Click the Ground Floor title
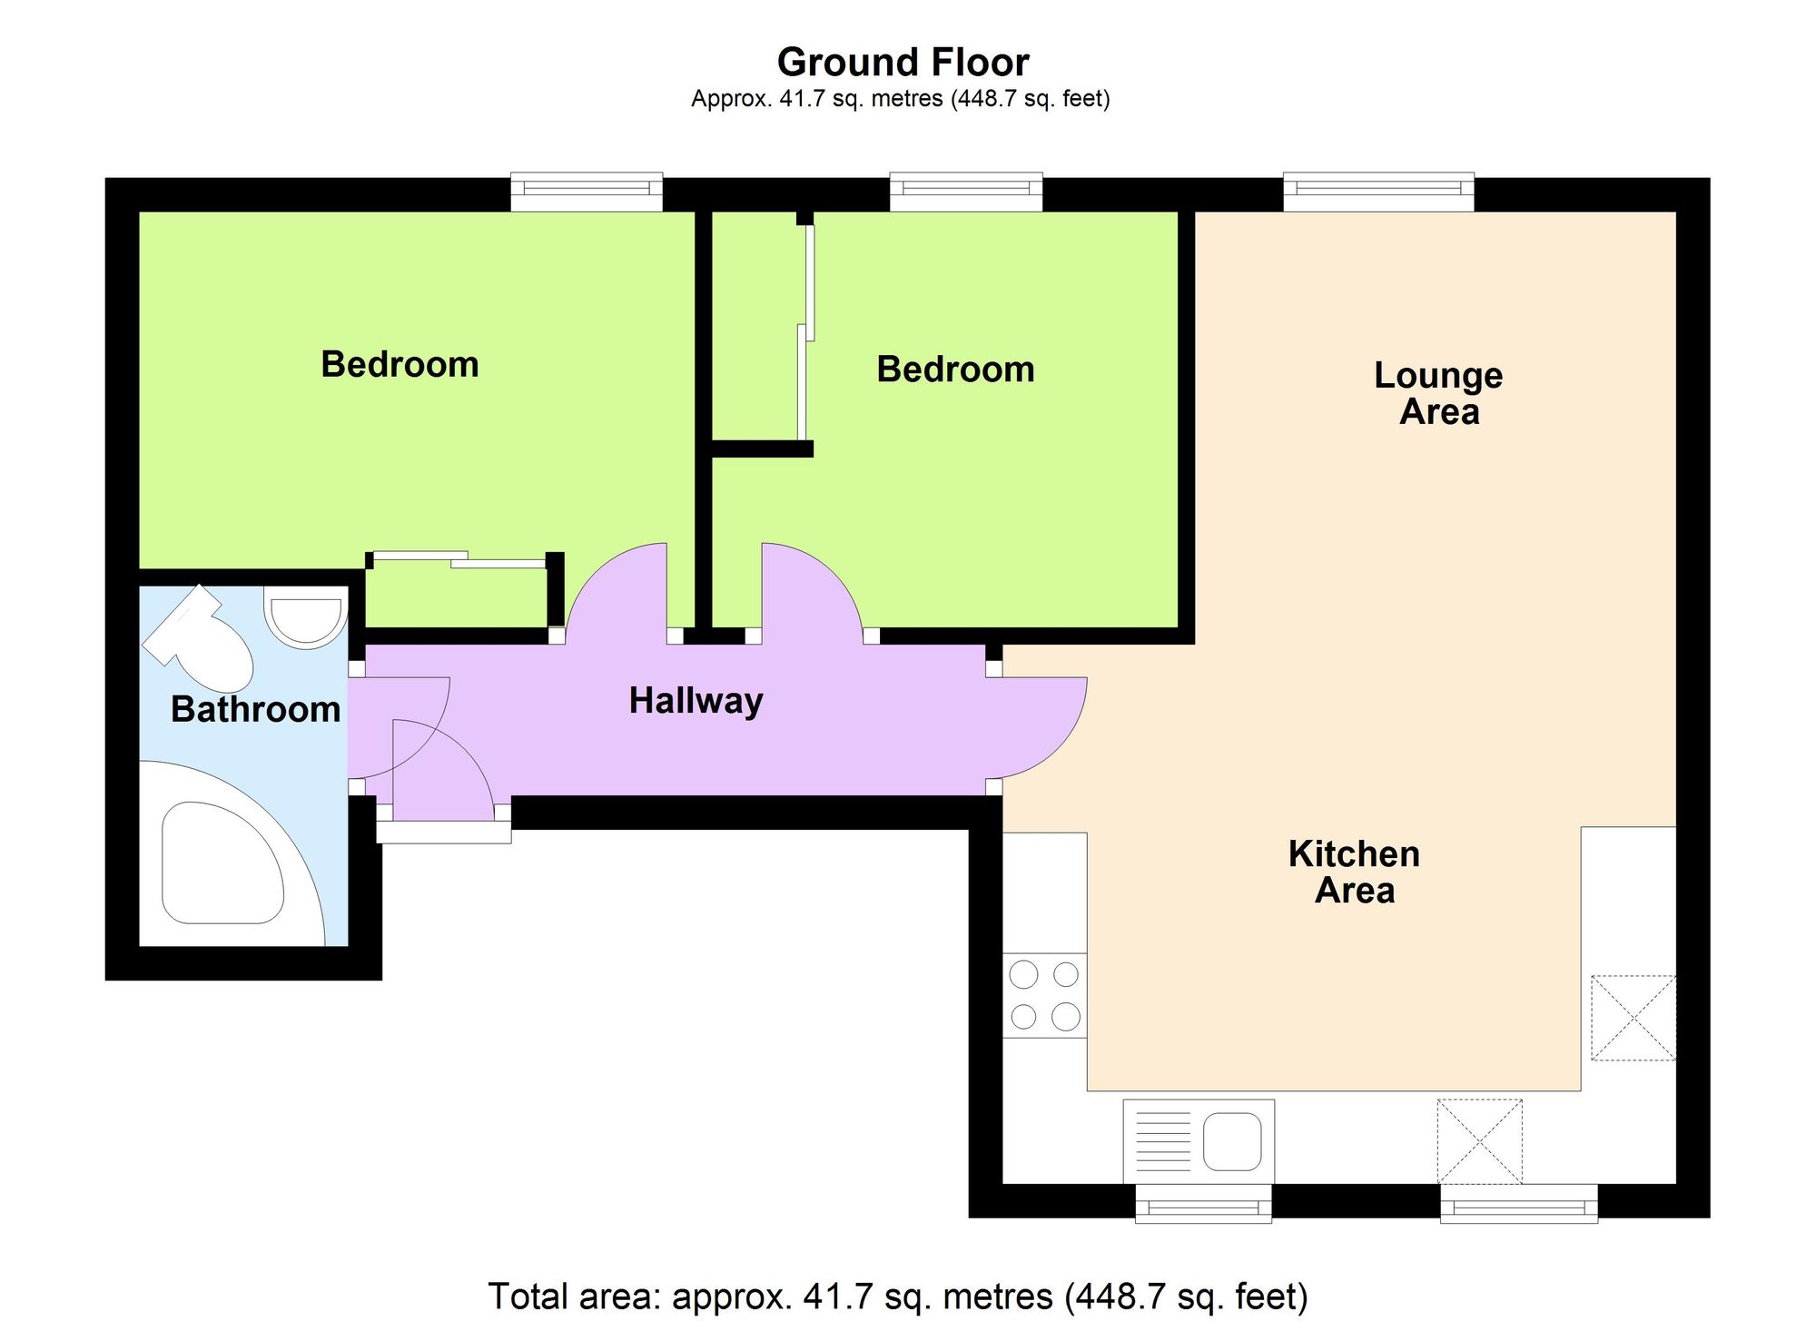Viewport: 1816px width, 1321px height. pos(903,63)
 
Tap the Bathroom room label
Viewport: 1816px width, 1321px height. pos(255,709)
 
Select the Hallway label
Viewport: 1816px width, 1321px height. pos(696,701)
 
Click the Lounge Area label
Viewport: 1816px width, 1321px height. pos(1438,393)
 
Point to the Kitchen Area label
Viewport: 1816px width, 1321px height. pos(1354,872)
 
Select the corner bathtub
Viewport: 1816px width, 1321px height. pos(232,853)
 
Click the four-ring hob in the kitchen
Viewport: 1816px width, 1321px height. pos(1044,995)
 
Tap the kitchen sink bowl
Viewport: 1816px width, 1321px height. pos(1232,1141)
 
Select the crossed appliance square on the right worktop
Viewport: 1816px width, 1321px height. pos(1633,1018)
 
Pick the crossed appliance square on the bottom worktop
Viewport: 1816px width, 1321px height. pos(1479,1141)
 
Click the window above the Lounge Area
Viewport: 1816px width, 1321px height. pos(1378,192)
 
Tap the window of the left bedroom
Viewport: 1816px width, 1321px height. pos(587,192)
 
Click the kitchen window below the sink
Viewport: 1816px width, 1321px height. pos(1204,1204)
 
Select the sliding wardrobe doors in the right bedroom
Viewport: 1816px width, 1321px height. pos(805,331)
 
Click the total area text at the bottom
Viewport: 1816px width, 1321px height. pos(898,1296)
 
